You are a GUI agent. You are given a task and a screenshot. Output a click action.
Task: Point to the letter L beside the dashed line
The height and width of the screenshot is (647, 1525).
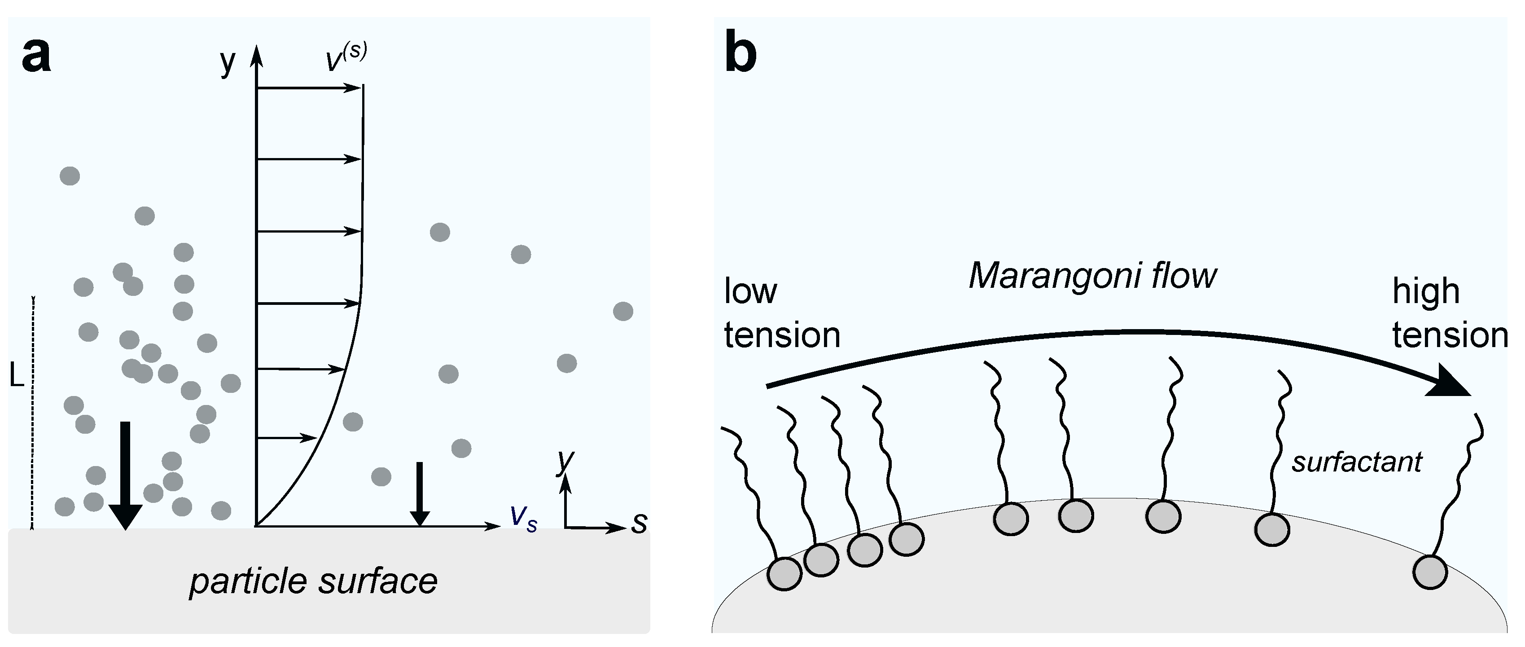(x=17, y=375)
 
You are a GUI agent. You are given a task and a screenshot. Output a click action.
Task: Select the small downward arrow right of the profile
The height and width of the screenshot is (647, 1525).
(x=419, y=493)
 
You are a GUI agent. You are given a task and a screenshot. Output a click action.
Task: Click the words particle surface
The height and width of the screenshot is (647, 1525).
(x=313, y=581)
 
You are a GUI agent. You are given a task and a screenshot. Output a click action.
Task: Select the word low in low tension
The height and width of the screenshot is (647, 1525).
(x=750, y=292)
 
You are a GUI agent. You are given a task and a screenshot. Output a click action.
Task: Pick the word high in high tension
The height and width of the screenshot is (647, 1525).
(x=1425, y=292)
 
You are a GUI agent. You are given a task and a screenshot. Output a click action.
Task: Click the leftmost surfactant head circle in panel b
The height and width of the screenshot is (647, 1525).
(x=784, y=573)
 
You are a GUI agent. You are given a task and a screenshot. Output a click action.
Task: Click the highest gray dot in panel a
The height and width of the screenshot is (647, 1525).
(x=70, y=176)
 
